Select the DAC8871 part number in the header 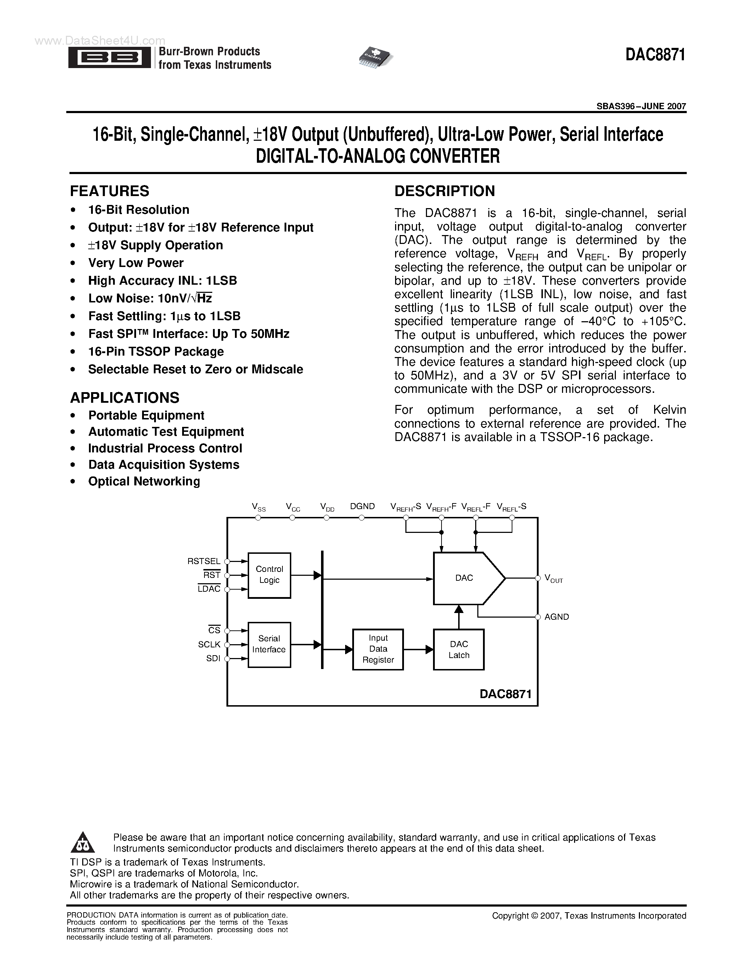655,55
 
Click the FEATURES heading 109,191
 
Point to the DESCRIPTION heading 444,191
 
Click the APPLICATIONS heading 124,397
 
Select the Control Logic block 269,575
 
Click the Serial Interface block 269,644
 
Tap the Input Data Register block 378,649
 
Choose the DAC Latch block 459,650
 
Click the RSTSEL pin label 204,561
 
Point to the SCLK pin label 209,644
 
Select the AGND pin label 556,617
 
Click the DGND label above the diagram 362,506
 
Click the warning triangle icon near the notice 83,842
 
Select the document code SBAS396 613,106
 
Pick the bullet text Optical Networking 144,481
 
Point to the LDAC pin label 209,589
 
